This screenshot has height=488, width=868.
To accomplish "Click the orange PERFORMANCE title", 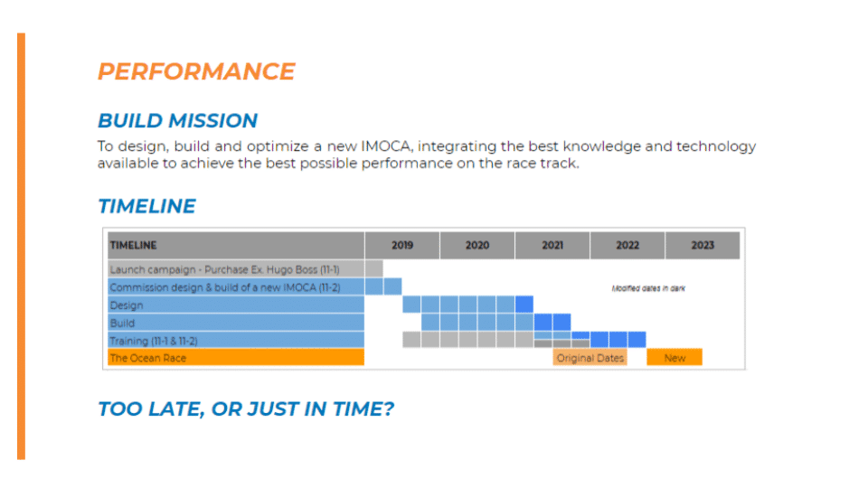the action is pos(196,71).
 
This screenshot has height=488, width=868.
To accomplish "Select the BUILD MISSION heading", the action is pos(178,120).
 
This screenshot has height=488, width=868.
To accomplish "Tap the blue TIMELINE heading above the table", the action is pos(146,206).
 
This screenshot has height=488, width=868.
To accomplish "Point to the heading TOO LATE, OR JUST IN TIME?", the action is pos(246,408).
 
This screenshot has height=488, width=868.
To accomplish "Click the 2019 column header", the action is pos(402,245).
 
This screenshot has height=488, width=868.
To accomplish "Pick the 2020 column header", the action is pos(477,245).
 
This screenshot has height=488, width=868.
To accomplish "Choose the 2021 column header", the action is pos(552,245).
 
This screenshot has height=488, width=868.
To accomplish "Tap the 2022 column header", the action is pos(627,245).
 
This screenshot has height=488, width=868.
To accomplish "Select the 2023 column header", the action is pos(703,245).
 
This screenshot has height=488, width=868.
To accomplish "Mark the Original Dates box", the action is pos(590,358).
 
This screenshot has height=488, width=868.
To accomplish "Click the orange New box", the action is pos(675,358).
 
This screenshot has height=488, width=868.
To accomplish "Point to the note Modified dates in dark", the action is pos(648,288).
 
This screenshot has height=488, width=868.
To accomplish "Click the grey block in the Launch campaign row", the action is pos(374,269).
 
